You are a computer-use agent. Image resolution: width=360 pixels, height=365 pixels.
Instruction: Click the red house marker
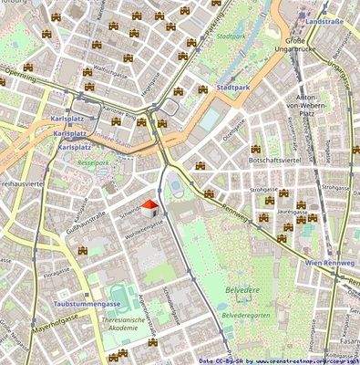[153, 207]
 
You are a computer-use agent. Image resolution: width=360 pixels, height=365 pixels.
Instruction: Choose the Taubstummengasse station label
[61, 302]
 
